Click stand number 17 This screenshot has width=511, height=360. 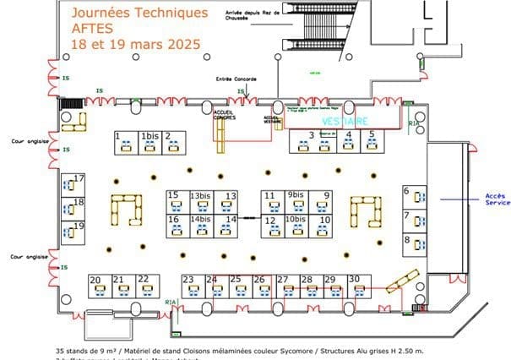pos(77,184)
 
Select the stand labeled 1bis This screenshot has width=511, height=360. pos(150,142)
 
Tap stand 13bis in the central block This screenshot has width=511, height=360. pos(200,201)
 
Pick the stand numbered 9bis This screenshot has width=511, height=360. pos(296,201)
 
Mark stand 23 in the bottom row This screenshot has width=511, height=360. pos(190,286)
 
